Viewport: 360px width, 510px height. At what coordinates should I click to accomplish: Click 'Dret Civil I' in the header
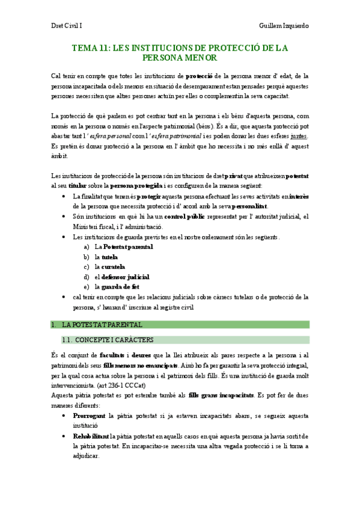pyautogui.click(x=66, y=26)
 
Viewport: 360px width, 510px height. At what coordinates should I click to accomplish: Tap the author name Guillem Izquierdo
pyautogui.click(x=284, y=26)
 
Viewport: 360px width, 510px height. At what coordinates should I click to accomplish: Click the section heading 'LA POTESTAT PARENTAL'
pyautogui.click(x=102, y=325)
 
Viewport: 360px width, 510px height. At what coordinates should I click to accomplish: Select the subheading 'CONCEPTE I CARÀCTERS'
pyautogui.click(x=117, y=339)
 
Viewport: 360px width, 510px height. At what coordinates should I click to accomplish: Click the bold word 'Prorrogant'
pyautogui.click(x=89, y=399)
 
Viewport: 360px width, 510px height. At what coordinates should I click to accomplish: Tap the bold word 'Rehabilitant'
pyautogui.click(x=91, y=419)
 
